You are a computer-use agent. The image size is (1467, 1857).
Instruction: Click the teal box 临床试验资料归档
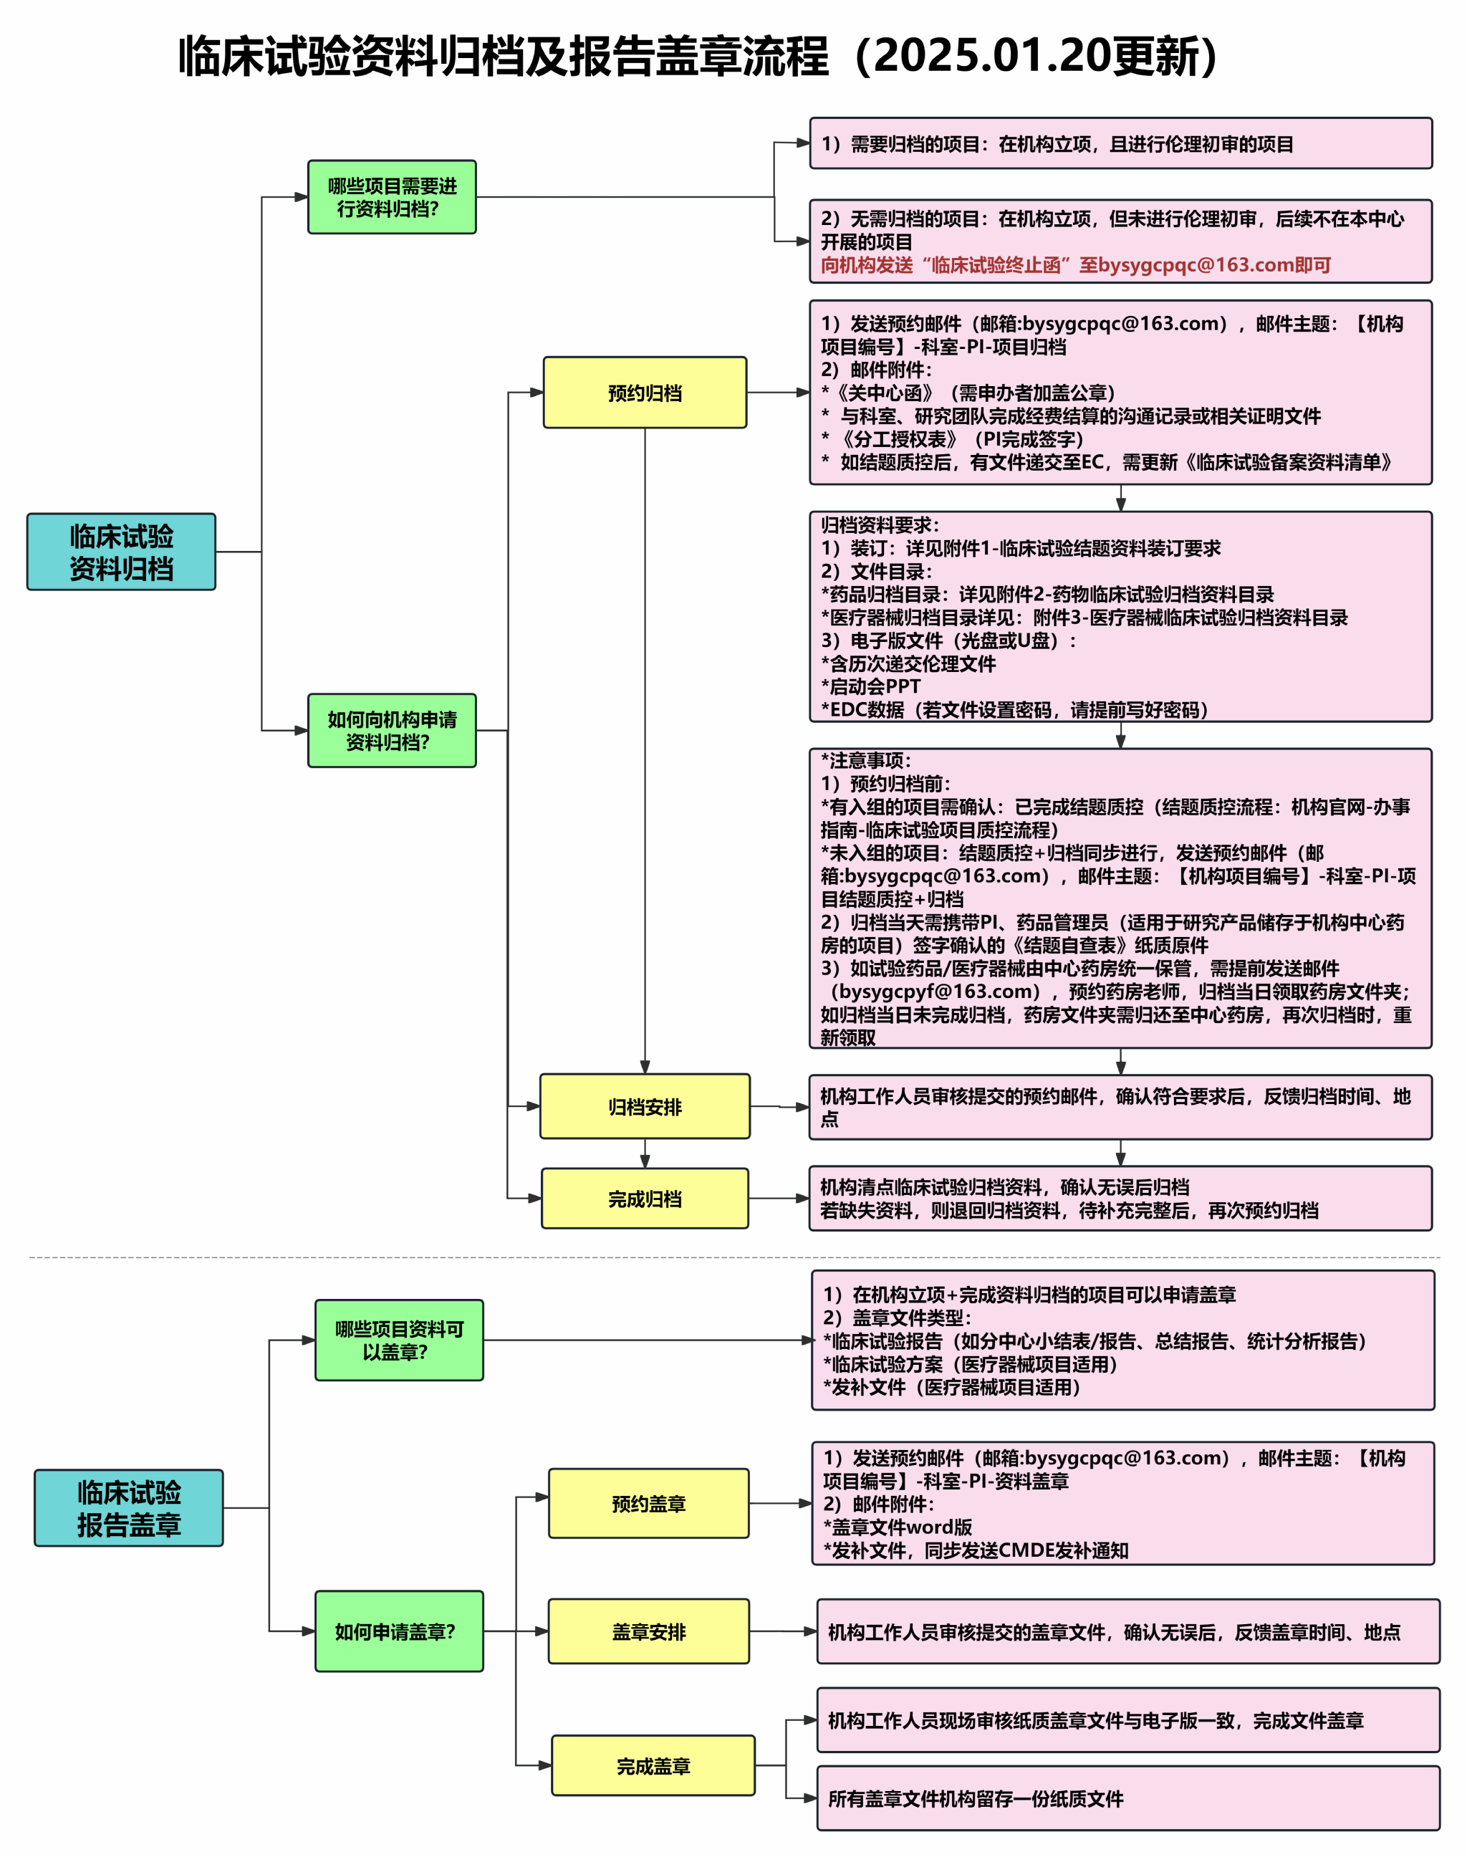tap(121, 552)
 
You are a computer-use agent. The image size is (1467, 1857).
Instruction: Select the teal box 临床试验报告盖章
tap(129, 1507)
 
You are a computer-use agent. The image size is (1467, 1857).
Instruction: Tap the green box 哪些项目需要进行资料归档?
tap(392, 197)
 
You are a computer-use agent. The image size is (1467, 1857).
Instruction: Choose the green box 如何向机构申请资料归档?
tap(392, 730)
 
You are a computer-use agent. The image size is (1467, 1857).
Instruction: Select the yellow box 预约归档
tap(644, 393)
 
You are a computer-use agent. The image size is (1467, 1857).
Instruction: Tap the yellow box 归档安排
tap(644, 1106)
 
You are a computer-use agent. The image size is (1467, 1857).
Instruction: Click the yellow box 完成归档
tap(644, 1198)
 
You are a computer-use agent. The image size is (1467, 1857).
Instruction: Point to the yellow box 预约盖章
tap(648, 1503)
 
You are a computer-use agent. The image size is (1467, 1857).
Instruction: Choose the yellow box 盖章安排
tap(648, 1631)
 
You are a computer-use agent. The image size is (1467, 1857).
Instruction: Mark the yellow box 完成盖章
tap(653, 1766)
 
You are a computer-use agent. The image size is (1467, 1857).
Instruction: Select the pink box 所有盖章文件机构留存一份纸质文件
tap(1127, 1798)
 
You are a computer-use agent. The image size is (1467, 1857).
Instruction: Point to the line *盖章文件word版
tap(898, 1527)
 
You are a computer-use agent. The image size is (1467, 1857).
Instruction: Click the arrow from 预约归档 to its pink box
tap(778, 393)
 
